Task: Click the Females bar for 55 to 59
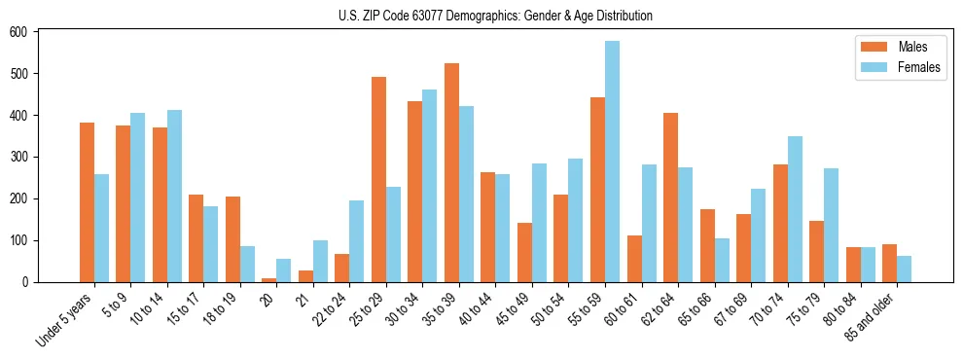click(x=612, y=162)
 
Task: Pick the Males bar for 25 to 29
click(x=378, y=179)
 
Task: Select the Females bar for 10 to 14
click(x=174, y=196)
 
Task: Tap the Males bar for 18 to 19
click(x=232, y=239)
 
